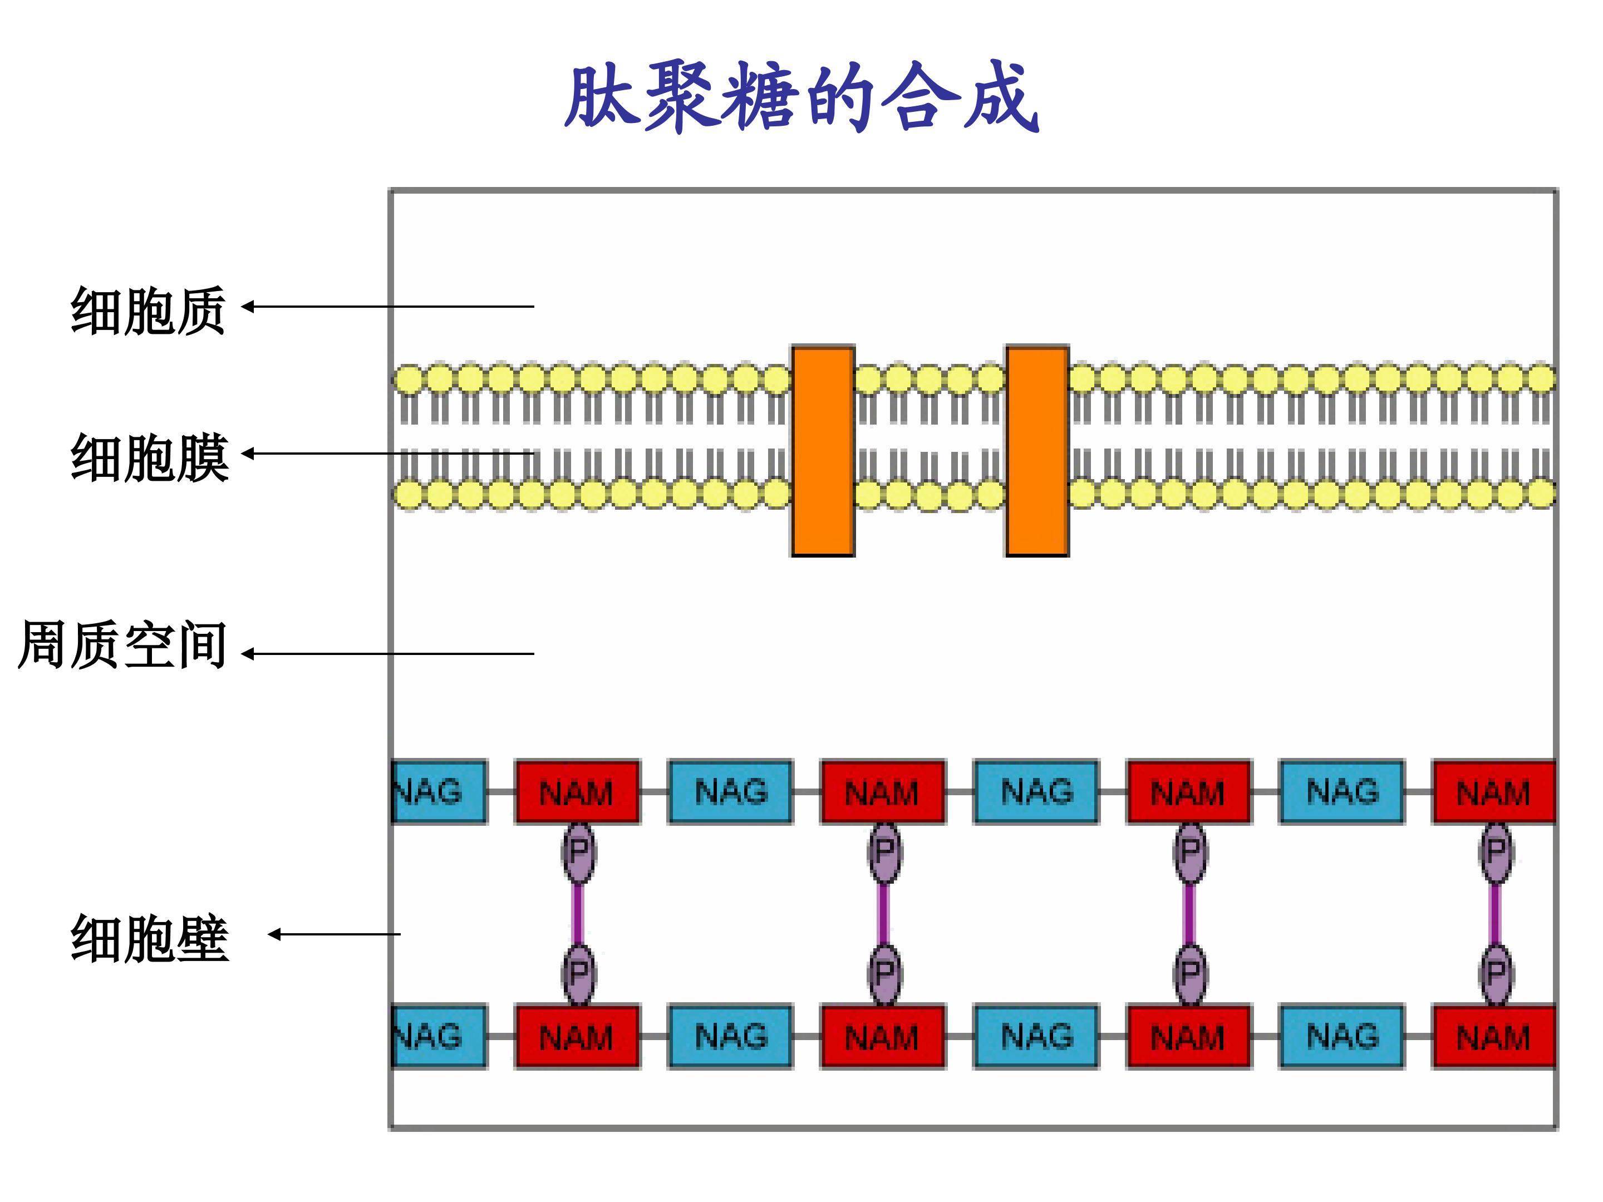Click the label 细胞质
pyautogui.click(x=149, y=310)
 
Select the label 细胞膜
pyautogui.click(x=149, y=457)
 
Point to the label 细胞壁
pyautogui.click(x=149, y=938)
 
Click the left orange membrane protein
pyautogui.click(x=823, y=451)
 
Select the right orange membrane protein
pyautogui.click(x=1037, y=451)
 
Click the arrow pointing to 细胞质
pyautogui.click(x=388, y=307)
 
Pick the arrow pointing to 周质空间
pyautogui.click(x=388, y=653)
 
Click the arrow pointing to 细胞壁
pyautogui.click(x=334, y=935)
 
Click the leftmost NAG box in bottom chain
pyautogui.click(x=439, y=1036)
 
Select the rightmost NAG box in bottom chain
pyautogui.click(x=1341, y=1036)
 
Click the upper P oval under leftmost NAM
pyautogui.click(x=578, y=852)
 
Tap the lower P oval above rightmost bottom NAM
pyautogui.click(x=1496, y=974)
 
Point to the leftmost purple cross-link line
pyautogui.click(x=578, y=914)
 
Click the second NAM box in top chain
pyautogui.click(x=883, y=791)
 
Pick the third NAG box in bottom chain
pyautogui.click(x=1036, y=1036)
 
